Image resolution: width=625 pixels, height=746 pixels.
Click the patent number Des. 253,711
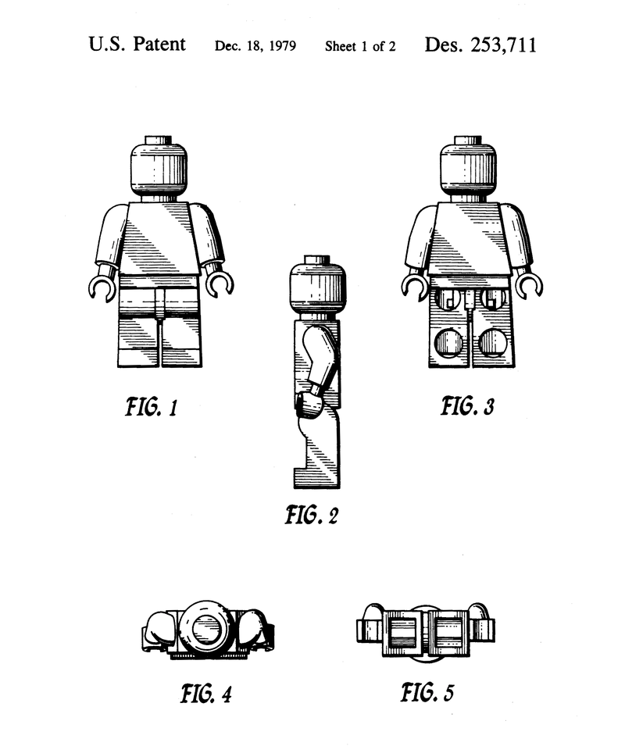(x=480, y=45)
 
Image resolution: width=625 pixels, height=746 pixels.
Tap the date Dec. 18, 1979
(x=255, y=46)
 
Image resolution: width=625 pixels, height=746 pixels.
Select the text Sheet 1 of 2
(x=360, y=46)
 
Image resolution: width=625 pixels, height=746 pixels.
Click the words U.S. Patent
(x=137, y=44)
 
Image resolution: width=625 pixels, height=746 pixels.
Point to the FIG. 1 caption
(x=152, y=407)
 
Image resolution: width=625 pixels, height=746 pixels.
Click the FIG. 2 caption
(x=311, y=515)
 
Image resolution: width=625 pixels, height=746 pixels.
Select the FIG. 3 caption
(x=468, y=406)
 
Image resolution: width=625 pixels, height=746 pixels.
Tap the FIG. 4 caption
(x=205, y=693)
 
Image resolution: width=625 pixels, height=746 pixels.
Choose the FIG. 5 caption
(x=427, y=692)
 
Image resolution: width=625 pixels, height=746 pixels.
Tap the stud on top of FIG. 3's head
(x=469, y=141)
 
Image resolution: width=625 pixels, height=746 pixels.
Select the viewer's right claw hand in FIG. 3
(x=530, y=287)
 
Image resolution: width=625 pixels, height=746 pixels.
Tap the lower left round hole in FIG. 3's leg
(x=448, y=342)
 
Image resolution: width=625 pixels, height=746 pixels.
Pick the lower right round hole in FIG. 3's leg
(x=492, y=342)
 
